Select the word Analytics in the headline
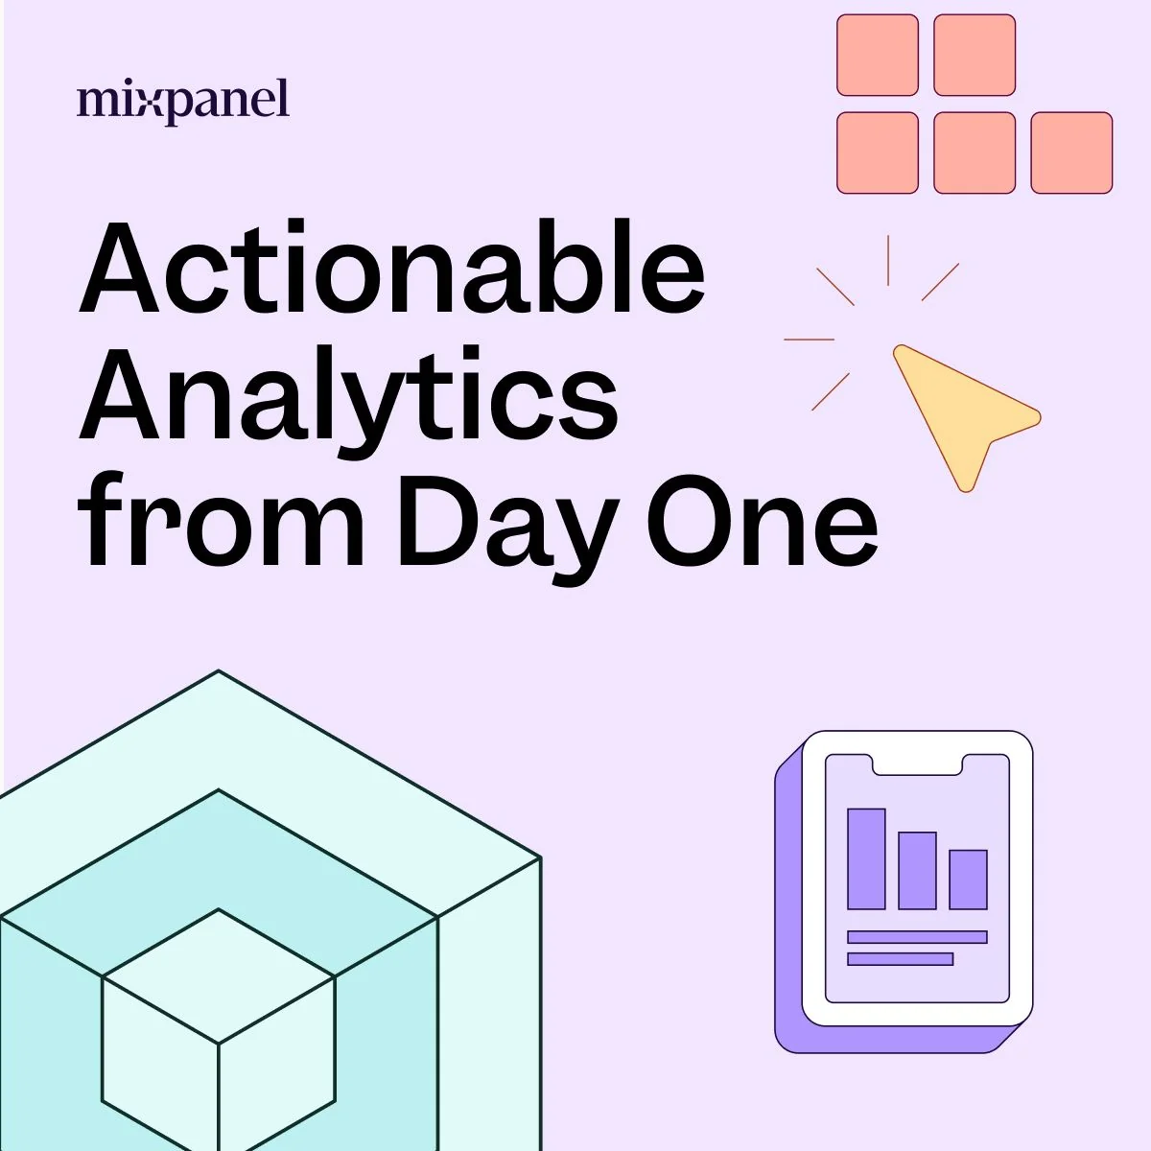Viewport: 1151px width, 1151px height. point(348,398)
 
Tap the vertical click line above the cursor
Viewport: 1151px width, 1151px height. point(888,260)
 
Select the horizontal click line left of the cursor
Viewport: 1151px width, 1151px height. point(809,340)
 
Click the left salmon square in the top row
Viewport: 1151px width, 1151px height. point(878,55)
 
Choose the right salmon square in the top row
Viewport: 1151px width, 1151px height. point(975,55)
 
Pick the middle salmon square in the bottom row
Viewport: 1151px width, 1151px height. point(975,153)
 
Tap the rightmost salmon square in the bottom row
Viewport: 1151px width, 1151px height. point(1071,153)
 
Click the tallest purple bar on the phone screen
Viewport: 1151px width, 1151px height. point(866,858)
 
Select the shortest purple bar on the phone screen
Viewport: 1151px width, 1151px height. point(968,880)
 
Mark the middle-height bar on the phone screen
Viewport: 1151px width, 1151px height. point(917,870)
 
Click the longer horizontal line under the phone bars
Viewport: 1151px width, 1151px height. point(917,937)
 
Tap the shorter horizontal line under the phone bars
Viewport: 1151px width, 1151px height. point(900,958)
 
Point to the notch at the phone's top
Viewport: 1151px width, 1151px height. point(917,764)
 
